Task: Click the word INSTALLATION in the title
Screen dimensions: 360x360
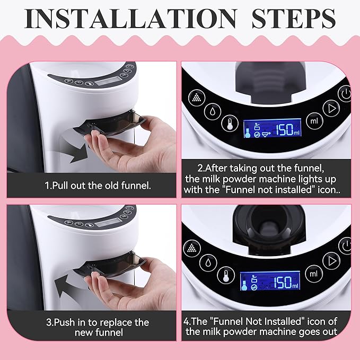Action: (x=130, y=19)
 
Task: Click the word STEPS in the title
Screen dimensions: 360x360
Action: (x=294, y=19)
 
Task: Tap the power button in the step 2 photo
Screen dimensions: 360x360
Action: (x=345, y=93)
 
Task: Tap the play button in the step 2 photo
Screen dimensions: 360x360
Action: (x=331, y=108)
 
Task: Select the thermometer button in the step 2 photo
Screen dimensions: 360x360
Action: (x=230, y=123)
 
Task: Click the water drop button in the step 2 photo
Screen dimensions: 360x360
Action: (x=213, y=111)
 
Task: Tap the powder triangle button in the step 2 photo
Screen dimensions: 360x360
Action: (x=197, y=98)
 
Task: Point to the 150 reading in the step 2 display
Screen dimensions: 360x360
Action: (x=284, y=130)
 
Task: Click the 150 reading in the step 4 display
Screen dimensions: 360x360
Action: (x=283, y=282)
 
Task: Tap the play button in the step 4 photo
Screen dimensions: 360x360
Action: (x=331, y=261)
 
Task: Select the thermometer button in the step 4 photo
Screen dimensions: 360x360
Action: (x=226, y=275)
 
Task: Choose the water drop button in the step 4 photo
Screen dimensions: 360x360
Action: (x=208, y=262)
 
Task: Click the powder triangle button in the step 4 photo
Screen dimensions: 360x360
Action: (x=192, y=249)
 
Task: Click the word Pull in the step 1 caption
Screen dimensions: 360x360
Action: (x=60, y=186)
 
